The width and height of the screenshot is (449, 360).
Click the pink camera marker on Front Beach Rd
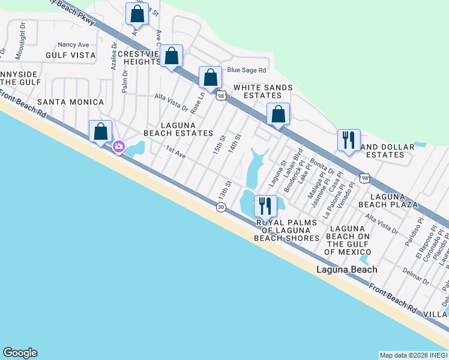click(119, 146)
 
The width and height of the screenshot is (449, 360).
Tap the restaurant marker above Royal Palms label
click(265, 206)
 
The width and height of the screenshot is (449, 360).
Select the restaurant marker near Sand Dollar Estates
click(349, 140)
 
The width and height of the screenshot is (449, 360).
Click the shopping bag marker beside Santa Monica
click(101, 131)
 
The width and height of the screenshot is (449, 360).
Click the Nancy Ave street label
click(73, 44)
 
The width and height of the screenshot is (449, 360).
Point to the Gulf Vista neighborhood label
click(71, 55)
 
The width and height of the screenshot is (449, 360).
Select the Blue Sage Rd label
click(246, 70)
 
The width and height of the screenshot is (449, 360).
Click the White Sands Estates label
click(263, 92)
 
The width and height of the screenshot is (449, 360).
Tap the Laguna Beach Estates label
click(178, 128)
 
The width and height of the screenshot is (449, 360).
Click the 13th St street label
click(224, 190)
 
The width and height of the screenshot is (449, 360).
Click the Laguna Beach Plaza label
click(394, 200)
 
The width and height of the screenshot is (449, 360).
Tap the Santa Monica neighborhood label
click(70, 102)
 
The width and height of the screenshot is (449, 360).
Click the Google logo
click(20, 353)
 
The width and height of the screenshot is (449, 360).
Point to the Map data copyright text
click(413, 355)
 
